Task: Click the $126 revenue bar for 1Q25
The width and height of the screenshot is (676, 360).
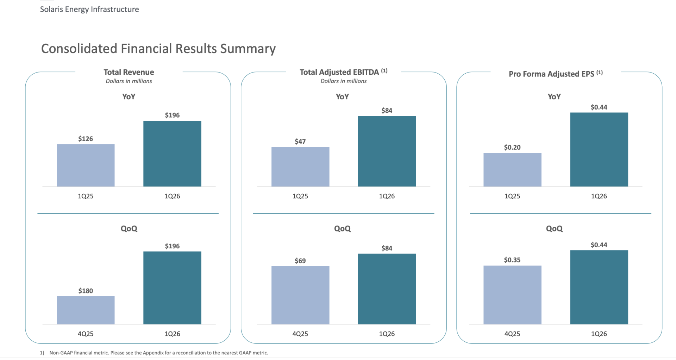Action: click(x=86, y=165)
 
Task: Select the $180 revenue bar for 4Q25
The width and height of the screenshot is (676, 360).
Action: click(x=86, y=310)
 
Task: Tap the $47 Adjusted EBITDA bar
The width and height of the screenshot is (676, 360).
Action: click(x=300, y=167)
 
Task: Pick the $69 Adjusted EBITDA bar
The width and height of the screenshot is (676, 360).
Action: click(x=300, y=295)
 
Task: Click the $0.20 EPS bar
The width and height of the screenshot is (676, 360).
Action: click(x=512, y=170)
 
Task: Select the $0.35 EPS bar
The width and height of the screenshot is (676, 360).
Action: click(x=512, y=295)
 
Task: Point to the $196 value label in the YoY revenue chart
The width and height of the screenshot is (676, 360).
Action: click(x=172, y=115)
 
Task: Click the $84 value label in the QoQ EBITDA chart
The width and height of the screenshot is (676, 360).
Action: click(x=387, y=248)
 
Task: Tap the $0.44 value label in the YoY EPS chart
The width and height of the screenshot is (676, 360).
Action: click(x=599, y=107)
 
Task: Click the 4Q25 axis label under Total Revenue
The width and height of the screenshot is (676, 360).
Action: click(x=86, y=334)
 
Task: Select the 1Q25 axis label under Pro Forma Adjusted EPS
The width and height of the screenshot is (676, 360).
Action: click(x=512, y=196)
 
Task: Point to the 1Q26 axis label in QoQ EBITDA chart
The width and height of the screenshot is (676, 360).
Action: click(x=387, y=334)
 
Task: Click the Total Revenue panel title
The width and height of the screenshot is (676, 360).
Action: click(x=129, y=72)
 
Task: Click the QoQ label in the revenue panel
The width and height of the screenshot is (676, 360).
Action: click(x=129, y=229)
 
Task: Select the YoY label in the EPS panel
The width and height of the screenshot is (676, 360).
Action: click(x=554, y=97)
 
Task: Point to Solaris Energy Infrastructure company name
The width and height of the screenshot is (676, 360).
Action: click(x=89, y=9)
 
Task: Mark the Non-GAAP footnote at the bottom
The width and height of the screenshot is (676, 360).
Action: click(x=154, y=353)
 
